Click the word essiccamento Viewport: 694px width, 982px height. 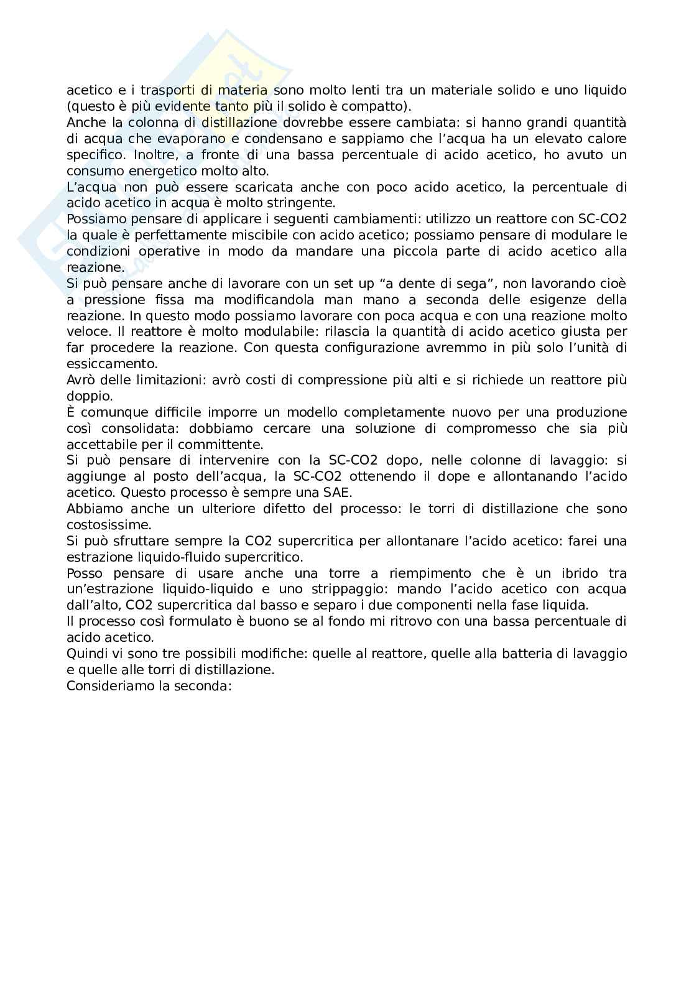pos(112,364)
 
